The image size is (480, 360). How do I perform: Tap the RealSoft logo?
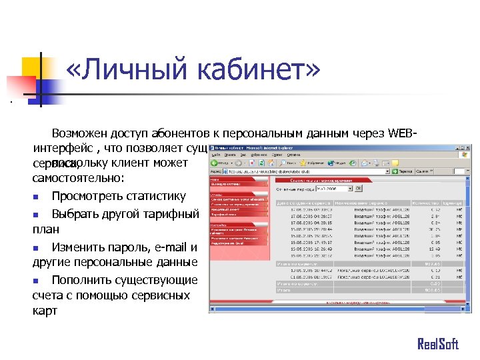pyautogui.click(x=438, y=344)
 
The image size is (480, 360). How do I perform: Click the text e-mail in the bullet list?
pyautogui.click(x=171, y=247)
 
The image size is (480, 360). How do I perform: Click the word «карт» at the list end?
pyautogui.click(x=45, y=311)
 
